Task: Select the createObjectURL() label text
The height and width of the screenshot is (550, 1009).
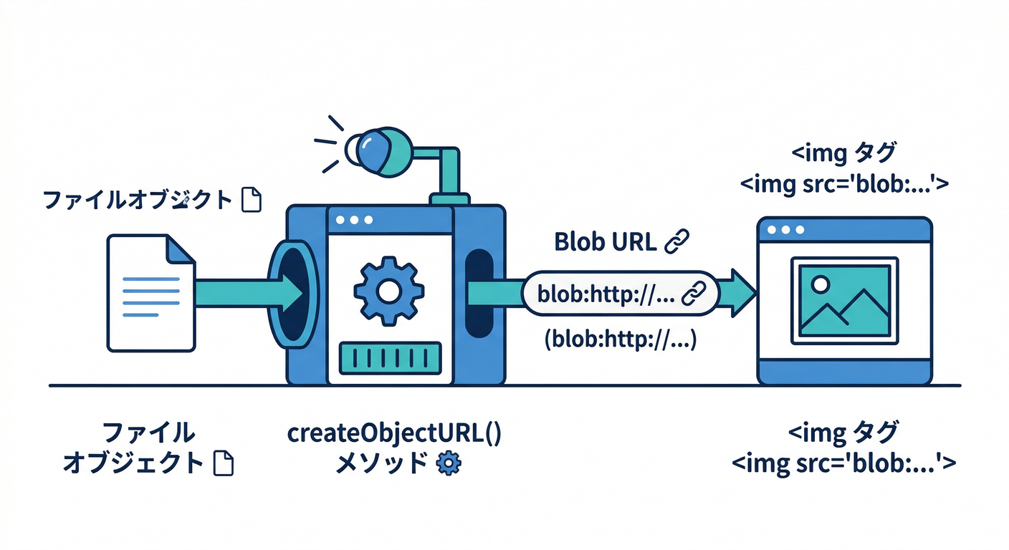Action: [394, 434]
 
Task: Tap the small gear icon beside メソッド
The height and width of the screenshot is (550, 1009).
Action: [449, 463]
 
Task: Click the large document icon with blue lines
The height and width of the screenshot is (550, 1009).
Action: [150, 293]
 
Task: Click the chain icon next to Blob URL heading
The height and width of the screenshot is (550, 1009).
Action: [676, 242]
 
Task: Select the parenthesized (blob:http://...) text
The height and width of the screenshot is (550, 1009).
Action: [620, 339]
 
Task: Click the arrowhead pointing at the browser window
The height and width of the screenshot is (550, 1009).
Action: [742, 292]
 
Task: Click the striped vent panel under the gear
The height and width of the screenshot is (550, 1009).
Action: [389, 357]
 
